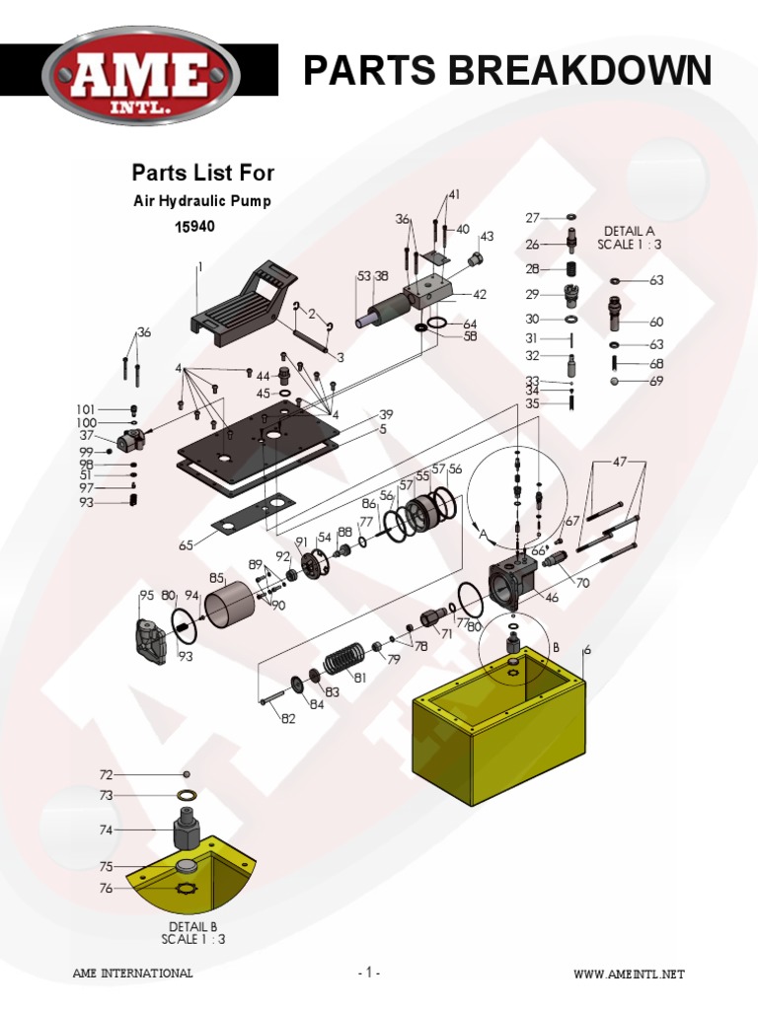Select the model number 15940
194,226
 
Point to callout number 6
587,649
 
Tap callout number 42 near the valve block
480,294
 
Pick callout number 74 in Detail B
106,830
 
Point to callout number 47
619,462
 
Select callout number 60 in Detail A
656,322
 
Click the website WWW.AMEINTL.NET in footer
629,974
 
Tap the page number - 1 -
368,974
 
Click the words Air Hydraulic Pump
202,200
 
